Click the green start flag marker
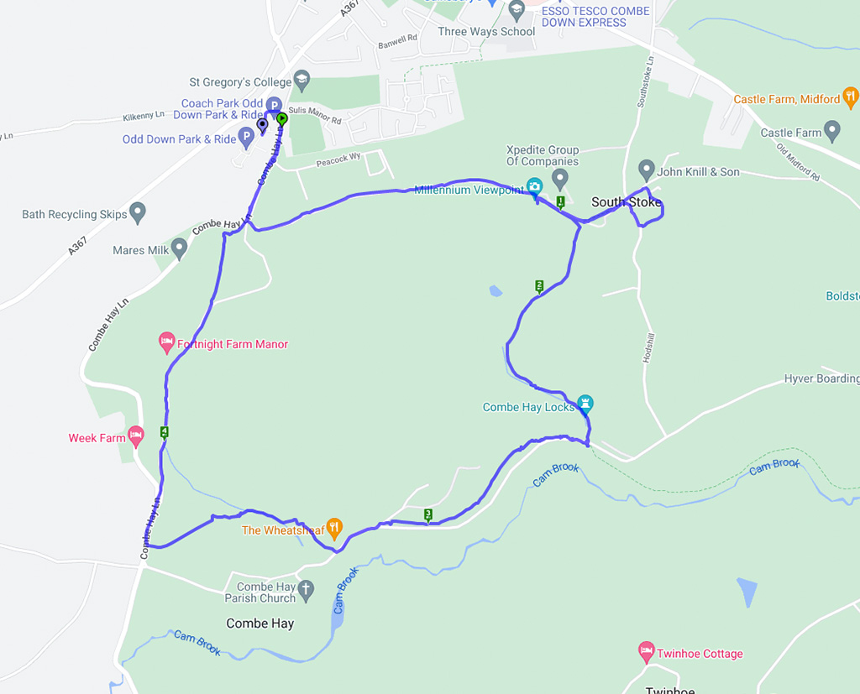[x=282, y=119]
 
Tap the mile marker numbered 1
[x=560, y=201]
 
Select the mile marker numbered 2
[x=539, y=286]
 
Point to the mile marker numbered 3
[x=428, y=514]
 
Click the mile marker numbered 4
[x=164, y=432]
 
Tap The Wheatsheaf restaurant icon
[x=334, y=528]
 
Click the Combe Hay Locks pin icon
[x=585, y=404]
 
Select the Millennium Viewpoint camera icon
[x=533, y=186]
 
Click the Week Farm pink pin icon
[x=136, y=435]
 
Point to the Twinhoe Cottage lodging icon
[x=646, y=650]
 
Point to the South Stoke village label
[x=626, y=202]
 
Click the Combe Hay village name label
[x=260, y=624]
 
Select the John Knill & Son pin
[x=647, y=170]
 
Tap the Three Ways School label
[x=486, y=32]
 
